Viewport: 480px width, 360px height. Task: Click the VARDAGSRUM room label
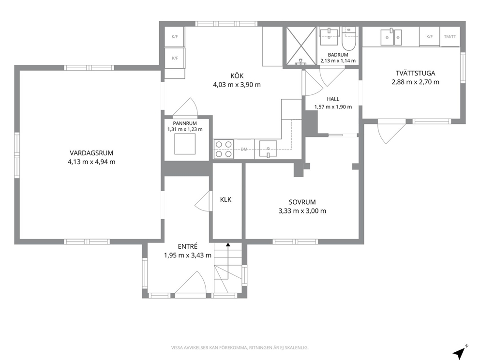click(x=91, y=153)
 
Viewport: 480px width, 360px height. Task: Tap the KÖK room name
click(x=237, y=76)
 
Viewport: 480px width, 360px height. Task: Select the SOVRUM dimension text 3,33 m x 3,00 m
click(x=302, y=211)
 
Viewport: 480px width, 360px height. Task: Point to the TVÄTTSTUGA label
click(x=416, y=73)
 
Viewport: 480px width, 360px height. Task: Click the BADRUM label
click(x=338, y=55)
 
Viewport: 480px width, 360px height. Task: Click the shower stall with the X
click(x=301, y=46)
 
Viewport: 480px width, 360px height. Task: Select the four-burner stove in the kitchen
click(x=224, y=149)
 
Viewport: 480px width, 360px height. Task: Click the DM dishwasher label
click(x=244, y=150)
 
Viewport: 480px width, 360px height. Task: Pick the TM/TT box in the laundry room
click(x=450, y=37)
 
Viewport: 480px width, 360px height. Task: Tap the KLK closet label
click(x=225, y=199)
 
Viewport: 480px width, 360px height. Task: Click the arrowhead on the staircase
click(x=228, y=244)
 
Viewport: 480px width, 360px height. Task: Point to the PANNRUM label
click(x=185, y=123)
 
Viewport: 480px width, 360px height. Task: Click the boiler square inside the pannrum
click(x=185, y=144)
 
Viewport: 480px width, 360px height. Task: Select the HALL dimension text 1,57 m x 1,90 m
click(x=333, y=107)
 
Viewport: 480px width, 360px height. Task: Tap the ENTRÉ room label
click(x=188, y=246)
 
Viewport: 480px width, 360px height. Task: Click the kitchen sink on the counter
click(x=268, y=149)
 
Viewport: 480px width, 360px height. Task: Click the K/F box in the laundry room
click(x=430, y=37)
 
